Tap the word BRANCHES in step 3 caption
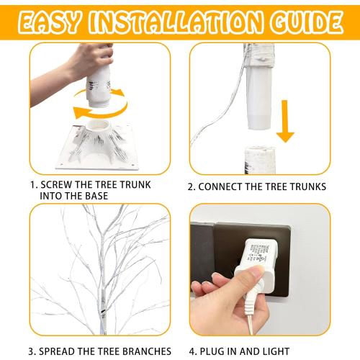(143, 352)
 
